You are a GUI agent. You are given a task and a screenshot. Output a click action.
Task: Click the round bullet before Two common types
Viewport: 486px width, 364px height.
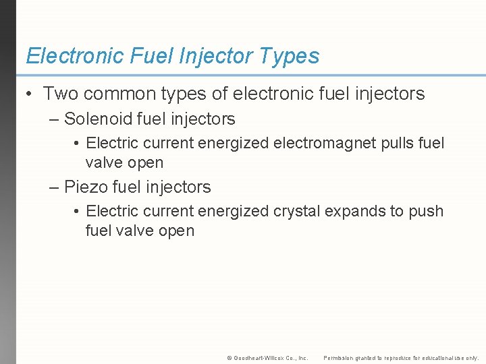(30, 94)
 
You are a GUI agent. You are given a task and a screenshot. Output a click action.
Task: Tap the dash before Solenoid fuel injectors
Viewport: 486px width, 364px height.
(55, 120)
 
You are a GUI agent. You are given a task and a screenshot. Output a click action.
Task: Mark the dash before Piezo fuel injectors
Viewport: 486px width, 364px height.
(55, 187)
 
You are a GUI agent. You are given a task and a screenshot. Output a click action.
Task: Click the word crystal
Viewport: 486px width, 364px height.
(296, 211)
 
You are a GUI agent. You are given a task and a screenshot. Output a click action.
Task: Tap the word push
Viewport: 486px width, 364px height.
(425, 211)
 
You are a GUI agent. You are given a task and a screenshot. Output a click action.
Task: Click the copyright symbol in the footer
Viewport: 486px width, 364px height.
(230, 358)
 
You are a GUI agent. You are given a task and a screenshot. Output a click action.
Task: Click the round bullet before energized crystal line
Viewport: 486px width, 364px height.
(78, 211)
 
